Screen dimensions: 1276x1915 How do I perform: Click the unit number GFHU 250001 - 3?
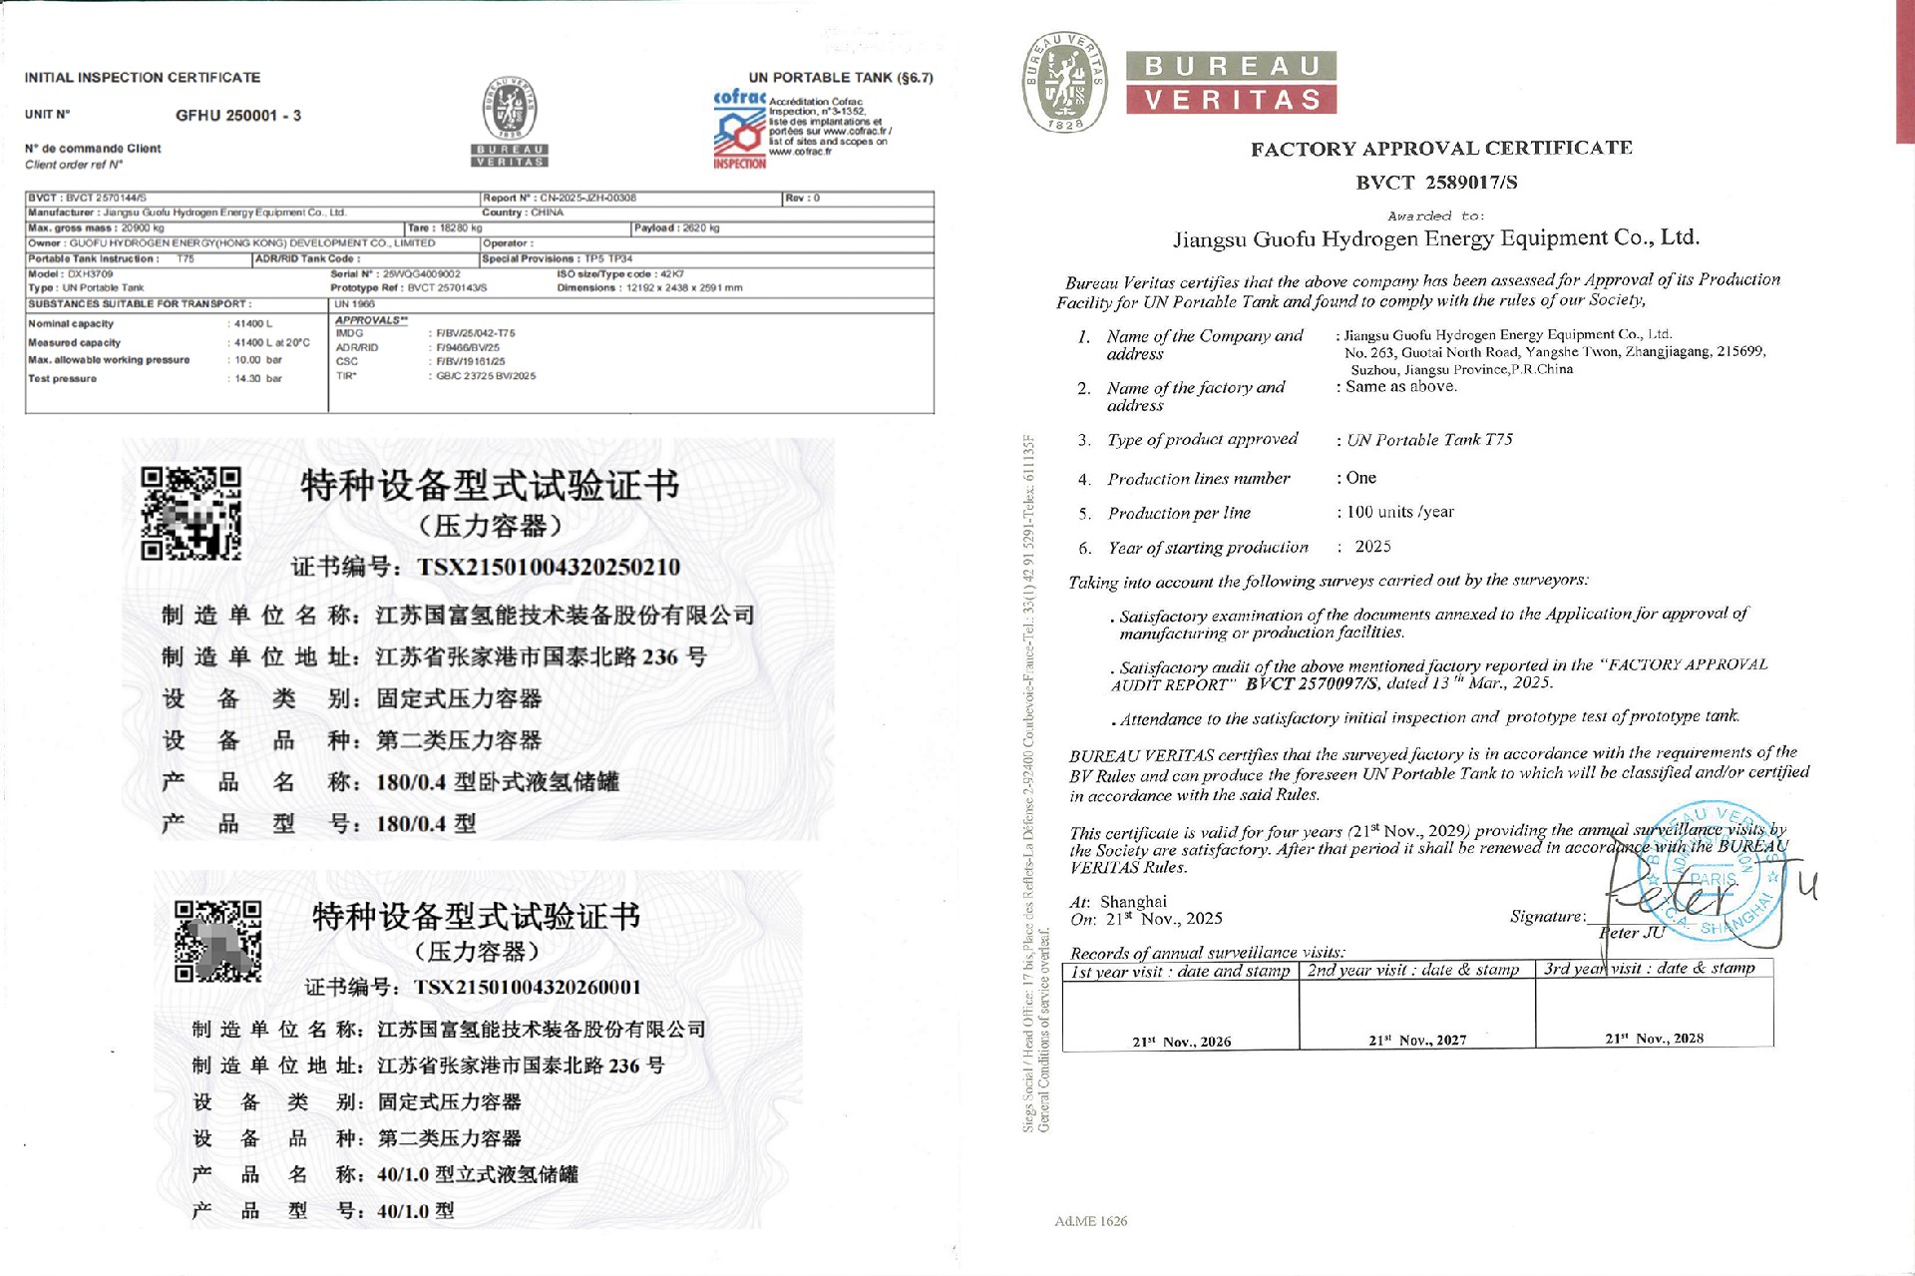coord(237,116)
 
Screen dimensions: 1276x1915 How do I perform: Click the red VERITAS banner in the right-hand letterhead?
coord(1232,100)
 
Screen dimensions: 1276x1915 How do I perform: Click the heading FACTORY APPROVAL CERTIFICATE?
coord(1441,149)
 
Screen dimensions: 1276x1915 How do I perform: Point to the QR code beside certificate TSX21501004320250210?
coord(191,514)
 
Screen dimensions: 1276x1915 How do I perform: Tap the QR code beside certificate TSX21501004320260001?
coord(218,942)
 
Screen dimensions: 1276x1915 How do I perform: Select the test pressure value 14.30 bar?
coord(258,379)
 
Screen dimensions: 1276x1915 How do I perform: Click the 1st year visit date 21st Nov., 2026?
coord(1181,1042)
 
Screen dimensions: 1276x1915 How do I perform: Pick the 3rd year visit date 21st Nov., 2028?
coord(1654,1039)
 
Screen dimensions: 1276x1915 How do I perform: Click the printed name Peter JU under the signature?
coord(1632,933)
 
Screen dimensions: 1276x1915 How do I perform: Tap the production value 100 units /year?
coord(1400,512)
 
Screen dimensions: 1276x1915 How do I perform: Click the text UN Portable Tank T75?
coord(1429,440)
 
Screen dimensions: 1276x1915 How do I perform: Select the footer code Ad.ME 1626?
coord(1090,1221)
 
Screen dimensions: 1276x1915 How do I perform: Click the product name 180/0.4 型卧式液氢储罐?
coord(498,782)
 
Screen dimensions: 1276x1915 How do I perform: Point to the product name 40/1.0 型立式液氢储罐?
coord(478,1174)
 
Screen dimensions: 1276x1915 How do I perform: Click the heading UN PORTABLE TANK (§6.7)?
coord(840,78)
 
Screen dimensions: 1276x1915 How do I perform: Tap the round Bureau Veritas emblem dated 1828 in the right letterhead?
coord(1065,82)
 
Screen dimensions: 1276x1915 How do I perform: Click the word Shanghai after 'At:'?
coord(1133,902)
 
